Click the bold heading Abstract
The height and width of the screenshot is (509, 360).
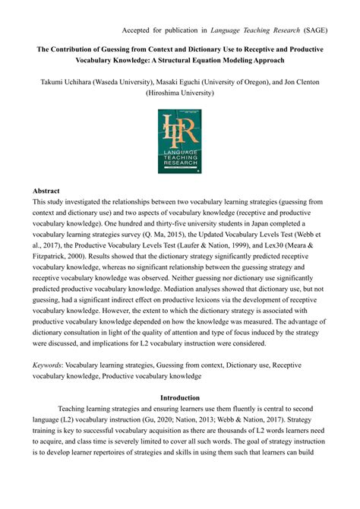tap(48, 191)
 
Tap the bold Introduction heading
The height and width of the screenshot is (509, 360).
tap(180, 397)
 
